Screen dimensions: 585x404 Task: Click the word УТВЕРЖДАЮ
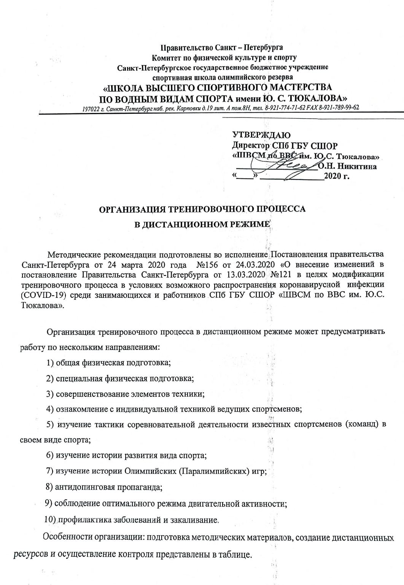click(261, 135)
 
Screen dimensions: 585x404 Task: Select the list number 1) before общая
click(50, 362)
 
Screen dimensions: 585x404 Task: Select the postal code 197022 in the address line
click(90, 108)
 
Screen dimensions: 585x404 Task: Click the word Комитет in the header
click(166, 58)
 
